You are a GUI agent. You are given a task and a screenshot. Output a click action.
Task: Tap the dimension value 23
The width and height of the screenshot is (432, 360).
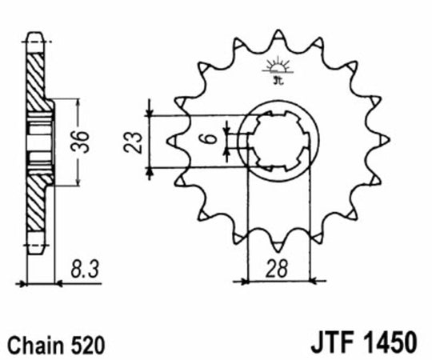click(137, 142)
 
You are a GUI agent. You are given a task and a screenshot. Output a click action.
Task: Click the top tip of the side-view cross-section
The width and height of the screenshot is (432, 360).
click(34, 34)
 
